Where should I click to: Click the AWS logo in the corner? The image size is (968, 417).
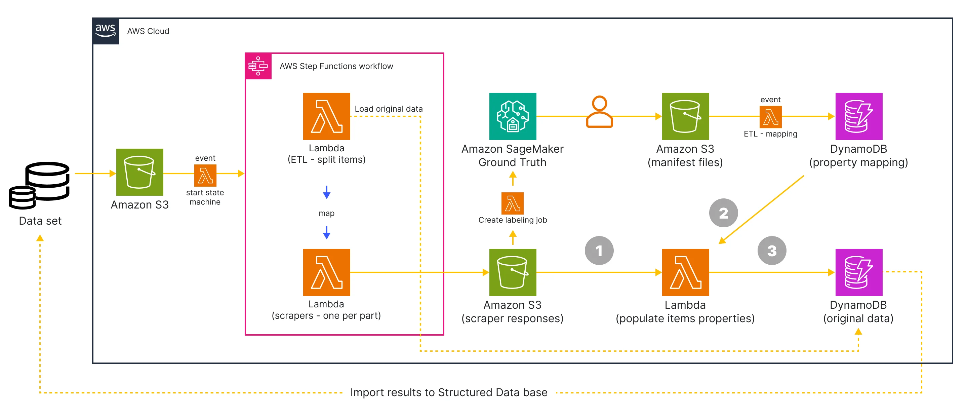[106, 31]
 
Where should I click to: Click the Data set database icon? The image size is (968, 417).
[39, 185]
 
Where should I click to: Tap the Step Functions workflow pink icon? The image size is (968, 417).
[258, 66]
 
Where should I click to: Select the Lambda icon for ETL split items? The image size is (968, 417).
[327, 116]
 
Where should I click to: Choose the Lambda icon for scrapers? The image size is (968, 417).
[327, 272]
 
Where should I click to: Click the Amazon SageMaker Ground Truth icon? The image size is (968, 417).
[513, 116]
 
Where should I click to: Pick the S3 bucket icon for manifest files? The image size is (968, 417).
[685, 116]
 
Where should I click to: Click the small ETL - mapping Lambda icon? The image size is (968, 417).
[770, 117]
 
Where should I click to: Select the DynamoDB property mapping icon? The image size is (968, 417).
[859, 116]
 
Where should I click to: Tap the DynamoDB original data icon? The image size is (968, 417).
[859, 272]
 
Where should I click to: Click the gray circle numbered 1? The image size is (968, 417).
[599, 251]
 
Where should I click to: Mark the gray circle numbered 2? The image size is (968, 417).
[723, 213]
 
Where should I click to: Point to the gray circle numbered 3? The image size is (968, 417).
[772, 251]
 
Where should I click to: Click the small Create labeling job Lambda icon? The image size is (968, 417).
[513, 203]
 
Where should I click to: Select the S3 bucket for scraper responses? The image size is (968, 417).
[513, 272]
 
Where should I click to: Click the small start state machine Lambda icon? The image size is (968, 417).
[205, 176]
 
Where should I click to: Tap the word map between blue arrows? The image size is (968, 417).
[327, 213]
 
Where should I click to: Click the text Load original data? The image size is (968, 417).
[389, 109]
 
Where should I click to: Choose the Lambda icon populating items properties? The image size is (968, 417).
[685, 272]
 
